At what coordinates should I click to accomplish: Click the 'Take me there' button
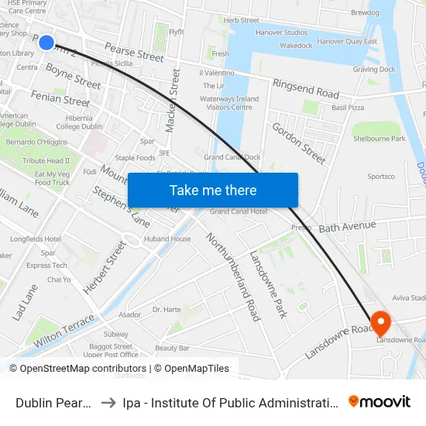(213, 190)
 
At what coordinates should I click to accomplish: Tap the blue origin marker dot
(46, 42)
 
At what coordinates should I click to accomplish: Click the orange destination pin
(380, 322)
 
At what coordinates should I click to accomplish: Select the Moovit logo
(380, 401)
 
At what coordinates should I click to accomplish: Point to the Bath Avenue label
(347, 227)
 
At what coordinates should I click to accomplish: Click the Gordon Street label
(298, 143)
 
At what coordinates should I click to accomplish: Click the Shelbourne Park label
(380, 139)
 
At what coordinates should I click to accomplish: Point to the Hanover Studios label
(282, 33)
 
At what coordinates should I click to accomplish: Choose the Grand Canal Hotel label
(239, 211)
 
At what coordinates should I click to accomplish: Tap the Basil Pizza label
(347, 108)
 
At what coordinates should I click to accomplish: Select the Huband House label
(167, 239)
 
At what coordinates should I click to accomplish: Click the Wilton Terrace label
(64, 329)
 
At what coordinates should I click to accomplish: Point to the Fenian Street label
(60, 98)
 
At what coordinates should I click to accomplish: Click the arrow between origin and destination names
(108, 403)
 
